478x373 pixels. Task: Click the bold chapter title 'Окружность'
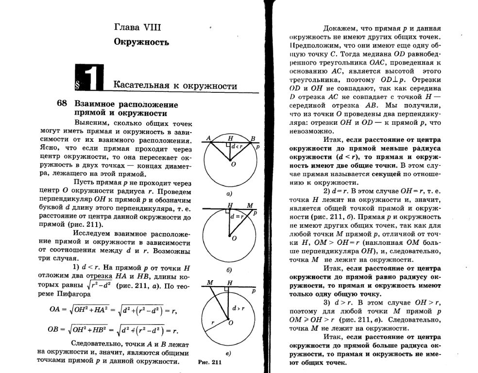(x=141, y=42)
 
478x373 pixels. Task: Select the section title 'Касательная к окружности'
(x=175, y=86)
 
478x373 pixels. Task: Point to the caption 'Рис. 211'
(x=210, y=363)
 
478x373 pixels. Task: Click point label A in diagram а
(x=208, y=138)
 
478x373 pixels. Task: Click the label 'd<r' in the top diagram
(x=237, y=146)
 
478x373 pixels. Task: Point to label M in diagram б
(x=249, y=205)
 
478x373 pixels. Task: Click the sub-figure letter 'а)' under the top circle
(x=228, y=193)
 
